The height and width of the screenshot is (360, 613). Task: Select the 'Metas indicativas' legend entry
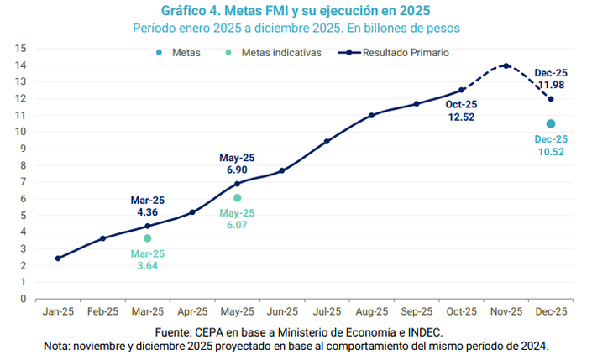click(280, 52)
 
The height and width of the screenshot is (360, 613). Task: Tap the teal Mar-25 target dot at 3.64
click(148, 238)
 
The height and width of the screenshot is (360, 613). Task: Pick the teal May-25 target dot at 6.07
click(238, 198)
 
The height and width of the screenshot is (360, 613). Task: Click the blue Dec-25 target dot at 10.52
click(551, 123)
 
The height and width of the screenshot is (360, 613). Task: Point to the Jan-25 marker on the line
click(58, 258)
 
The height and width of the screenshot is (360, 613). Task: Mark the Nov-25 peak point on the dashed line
click(506, 65)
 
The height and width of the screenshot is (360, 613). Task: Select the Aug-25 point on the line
click(371, 115)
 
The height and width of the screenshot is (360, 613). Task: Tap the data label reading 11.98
click(551, 86)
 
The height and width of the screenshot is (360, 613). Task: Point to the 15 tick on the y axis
click(21, 49)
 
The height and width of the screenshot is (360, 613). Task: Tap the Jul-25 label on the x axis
click(327, 310)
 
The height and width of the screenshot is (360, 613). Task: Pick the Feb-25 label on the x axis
click(102, 310)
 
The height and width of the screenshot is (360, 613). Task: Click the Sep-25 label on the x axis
click(417, 310)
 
